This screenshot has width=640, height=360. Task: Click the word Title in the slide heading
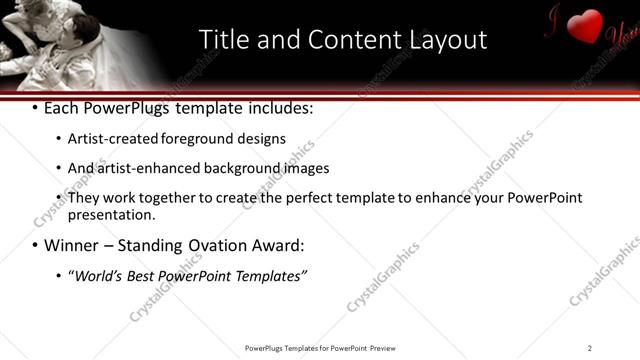click(224, 39)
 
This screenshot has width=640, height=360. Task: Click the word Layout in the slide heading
click(448, 39)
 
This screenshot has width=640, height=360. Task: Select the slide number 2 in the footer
click(590, 347)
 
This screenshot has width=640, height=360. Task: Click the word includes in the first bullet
click(281, 108)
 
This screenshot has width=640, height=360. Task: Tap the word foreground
click(214, 139)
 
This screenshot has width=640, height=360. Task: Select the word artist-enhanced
click(148, 168)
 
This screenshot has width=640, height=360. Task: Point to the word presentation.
click(111, 214)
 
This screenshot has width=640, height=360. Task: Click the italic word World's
click(98, 275)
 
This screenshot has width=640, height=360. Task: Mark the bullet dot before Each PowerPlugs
click(36, 108)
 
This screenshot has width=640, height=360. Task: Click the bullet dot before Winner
click(36, 245)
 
